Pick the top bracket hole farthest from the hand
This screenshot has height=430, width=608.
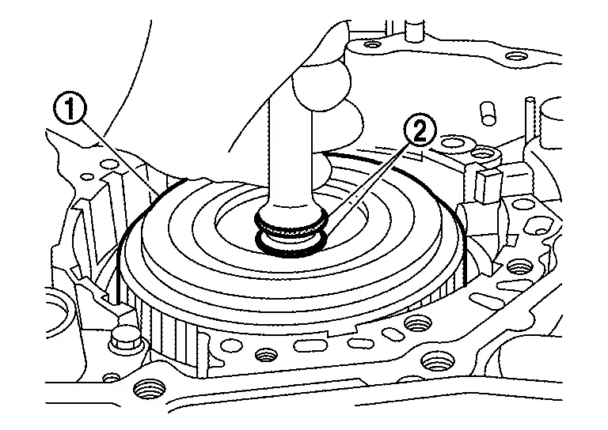click(515, 57)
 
